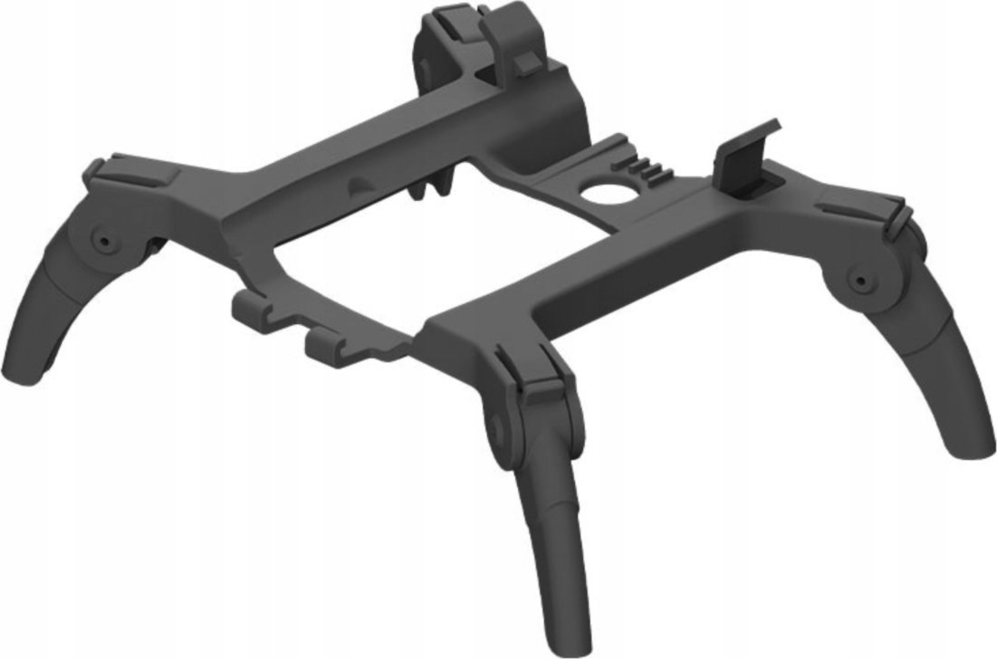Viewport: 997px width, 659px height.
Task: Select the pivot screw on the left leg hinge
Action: tap(102, 242)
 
